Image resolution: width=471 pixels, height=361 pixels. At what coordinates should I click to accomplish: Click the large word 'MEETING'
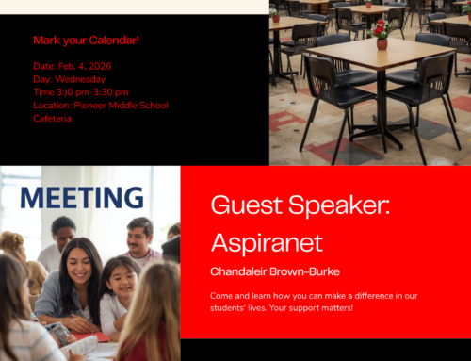point(82,197)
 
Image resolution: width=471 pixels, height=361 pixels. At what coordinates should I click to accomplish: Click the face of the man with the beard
point(139,235)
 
